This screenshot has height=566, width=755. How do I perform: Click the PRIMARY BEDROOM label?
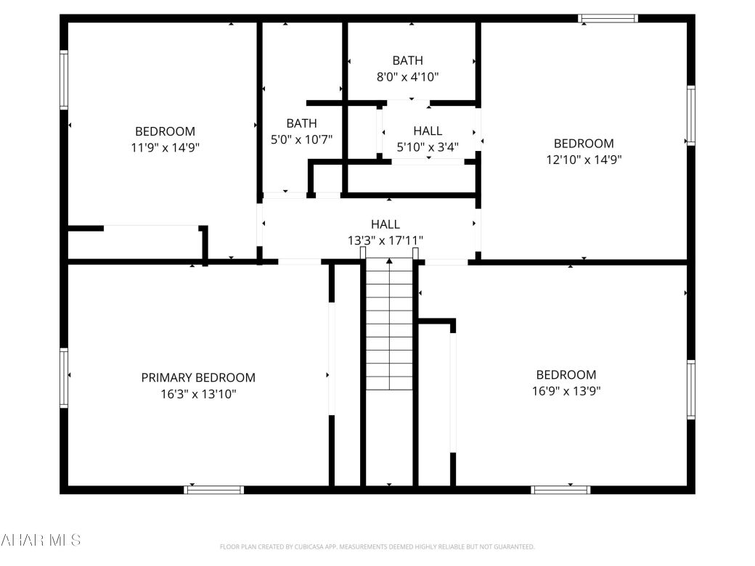pyautogui.click(x=198, y=377)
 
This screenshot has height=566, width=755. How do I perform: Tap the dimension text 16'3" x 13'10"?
pyautogui.click(x=198, y=394)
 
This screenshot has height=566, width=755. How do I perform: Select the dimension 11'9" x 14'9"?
pyautogui.click(x=165, y=147)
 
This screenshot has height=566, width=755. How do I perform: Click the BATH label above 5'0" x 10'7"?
pyautogui.click(x=301, y=123)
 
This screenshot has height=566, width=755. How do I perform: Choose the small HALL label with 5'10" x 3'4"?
pyautogui.click(x=428, y=131)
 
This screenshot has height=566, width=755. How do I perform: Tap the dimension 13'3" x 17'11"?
pyautogui.click(x=385, y=240)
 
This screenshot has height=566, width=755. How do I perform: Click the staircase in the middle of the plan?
pyautogui.click(x=389, y=327)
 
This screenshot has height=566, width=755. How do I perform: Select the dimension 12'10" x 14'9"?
pyautogui.click(x=584, y=160)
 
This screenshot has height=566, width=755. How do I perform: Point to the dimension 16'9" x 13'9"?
pyautogui.click(x=566, y=391)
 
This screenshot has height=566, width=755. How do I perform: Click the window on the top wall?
pyautogui.click(x=608, y=18)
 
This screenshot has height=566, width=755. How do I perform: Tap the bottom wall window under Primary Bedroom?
pyautogui.click(x=213, y=490)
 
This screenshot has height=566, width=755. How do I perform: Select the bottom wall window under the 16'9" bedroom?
pyautogui.click(x=561, y=490)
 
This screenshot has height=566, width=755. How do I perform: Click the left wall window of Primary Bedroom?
pyautogui.click(x=64, y=377)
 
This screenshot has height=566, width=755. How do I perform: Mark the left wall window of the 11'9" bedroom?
pyautogui.click(x=64, y=80)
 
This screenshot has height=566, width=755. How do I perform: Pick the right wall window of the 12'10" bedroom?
pyautogui.click(x=691, y=115)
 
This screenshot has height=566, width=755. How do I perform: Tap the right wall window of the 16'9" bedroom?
pyautogui.click(x=691, y=390)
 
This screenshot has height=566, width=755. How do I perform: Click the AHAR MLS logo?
pyautogui.click(x=41, y=540)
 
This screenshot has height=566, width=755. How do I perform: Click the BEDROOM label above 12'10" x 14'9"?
pyautogui.click(x=584, y=144)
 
